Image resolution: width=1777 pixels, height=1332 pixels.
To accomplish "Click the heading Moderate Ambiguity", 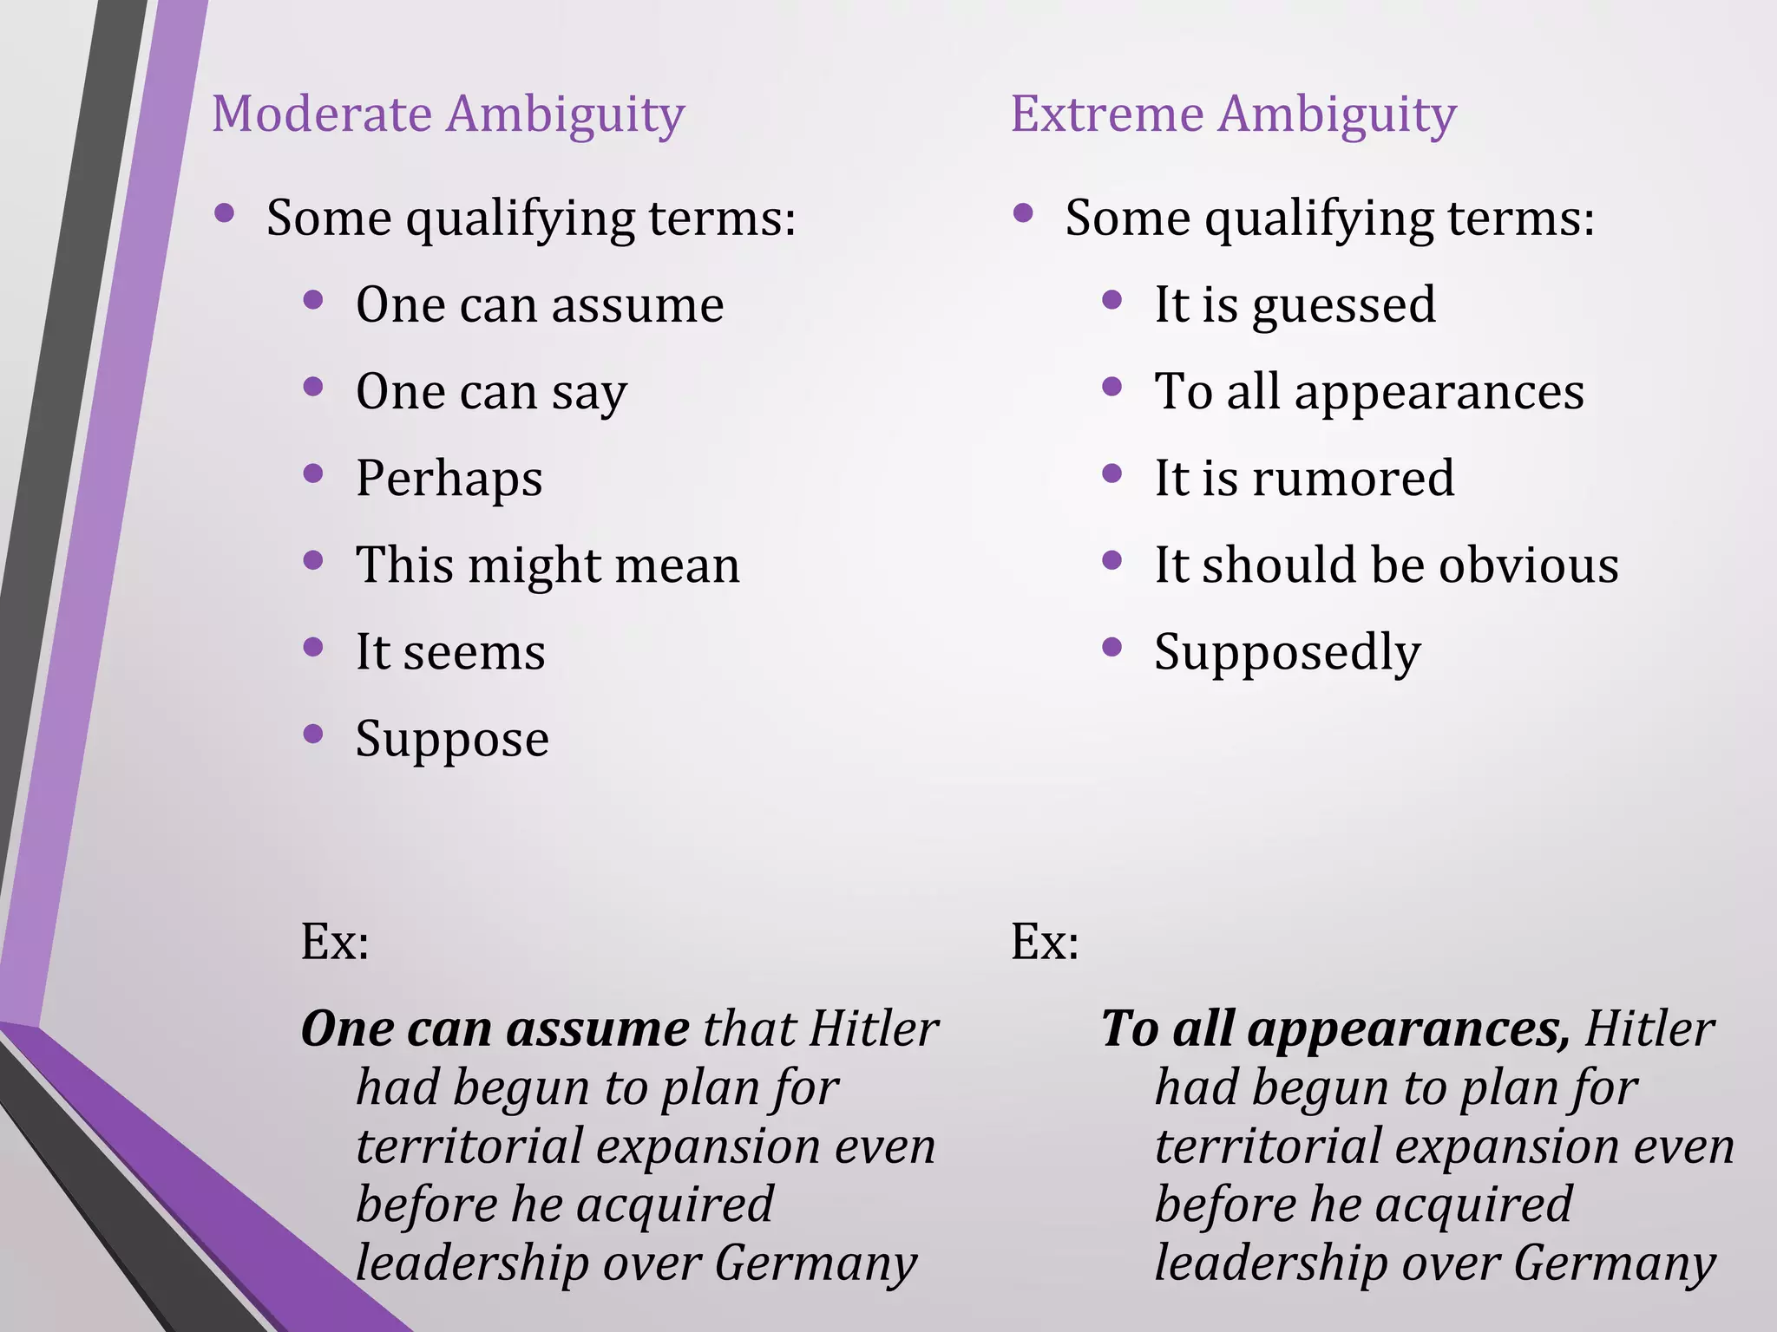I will [x=448, y=115].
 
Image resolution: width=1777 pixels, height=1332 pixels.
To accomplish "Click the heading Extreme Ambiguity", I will [x=1233, y=115].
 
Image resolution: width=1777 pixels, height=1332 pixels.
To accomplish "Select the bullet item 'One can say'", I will [x=491, y=392].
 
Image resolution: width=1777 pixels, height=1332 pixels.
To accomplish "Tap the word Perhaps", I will [x=449, y=479].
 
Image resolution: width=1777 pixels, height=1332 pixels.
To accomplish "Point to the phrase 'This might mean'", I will [x=548, y=565].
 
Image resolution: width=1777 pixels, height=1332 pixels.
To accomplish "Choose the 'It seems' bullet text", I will [x=450, y=652].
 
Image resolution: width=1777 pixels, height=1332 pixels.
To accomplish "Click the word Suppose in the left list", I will [x=452, y=740].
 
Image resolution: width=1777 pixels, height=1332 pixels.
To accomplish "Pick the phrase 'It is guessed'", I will [x=1295, y=305].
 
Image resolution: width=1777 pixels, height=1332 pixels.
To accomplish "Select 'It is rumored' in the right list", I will [x=1304, y=479].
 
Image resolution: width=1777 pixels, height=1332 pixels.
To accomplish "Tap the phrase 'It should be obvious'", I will [x=1386, y=565].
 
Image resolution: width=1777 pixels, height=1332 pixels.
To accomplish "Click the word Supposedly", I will [x=1287, y=653].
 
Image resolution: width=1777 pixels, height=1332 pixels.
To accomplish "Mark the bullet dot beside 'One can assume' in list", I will [x=313, y=301].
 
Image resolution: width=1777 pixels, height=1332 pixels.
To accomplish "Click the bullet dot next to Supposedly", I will [x=1111, y=647].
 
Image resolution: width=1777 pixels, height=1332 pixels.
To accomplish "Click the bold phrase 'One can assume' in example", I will [x=495, y=1029].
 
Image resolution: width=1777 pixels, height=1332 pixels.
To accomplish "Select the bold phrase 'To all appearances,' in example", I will [x=1335, y=1029].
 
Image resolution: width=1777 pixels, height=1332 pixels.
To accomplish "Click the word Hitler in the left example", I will [x=874, y=1029].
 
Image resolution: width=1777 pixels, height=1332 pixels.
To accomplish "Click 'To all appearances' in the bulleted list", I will [x=1368, y=392].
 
